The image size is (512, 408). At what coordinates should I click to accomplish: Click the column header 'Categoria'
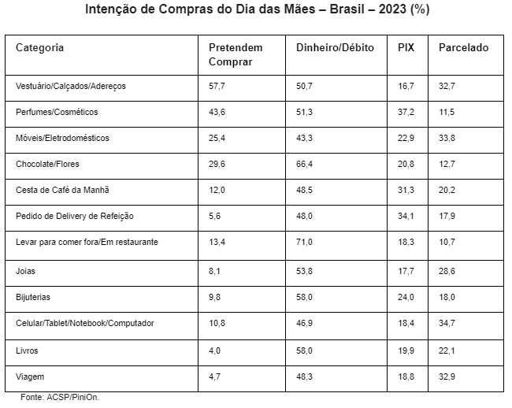(x=40, y=48)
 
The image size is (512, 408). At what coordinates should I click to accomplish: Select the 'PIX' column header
(x=406, y=48)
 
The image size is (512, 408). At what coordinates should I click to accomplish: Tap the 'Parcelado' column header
(x=463, y=48)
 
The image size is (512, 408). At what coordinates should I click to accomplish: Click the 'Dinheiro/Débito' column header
(x=336, y=48)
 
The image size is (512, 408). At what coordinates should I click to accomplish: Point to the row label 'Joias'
(x=26, y=271)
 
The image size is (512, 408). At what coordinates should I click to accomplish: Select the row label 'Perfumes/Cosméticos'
(x=57, y=112)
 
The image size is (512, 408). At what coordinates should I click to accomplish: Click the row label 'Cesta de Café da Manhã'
(x=62, y=190)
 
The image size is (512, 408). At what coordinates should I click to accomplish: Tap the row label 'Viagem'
(x=30, y=377)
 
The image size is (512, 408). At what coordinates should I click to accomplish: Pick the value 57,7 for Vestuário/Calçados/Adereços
(x=217, y=86)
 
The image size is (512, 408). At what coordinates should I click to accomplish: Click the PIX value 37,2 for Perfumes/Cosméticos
(x=406, y=112)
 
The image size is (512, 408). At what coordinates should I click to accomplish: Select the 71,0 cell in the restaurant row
(x=305, y=242)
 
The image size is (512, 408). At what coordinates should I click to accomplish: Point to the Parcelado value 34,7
(x=447, y=324)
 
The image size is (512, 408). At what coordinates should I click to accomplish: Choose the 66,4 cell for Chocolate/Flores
(x=305, y=164)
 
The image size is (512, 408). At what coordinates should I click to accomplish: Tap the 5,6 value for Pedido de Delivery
(x=215, y=216)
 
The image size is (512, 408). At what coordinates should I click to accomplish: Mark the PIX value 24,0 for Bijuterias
(x=406, y=298)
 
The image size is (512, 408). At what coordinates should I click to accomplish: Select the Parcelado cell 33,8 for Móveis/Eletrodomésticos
(x=447, y=138)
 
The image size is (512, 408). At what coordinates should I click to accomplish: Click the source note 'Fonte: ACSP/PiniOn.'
(x=60, y=398)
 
